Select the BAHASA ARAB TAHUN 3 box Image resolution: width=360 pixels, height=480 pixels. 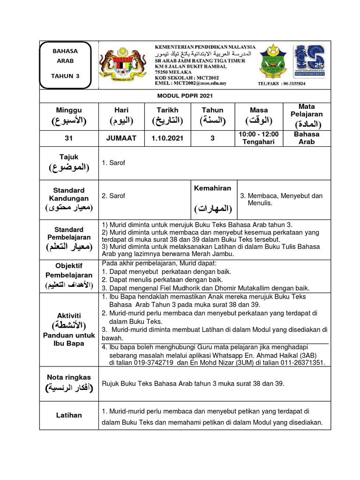point(68,65)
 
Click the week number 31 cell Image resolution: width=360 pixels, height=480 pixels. point(69,138)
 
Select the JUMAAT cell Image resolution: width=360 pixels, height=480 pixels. point(121,138)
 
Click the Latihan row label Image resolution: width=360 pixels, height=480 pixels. point(69,415)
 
